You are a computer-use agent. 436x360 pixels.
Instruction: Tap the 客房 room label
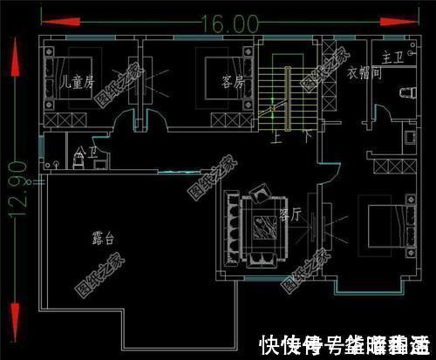232,84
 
